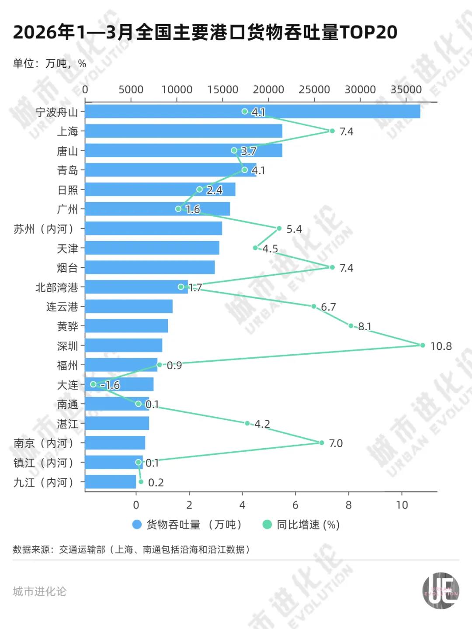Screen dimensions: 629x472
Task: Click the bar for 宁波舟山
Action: pyautogui.click(x=252, y=111)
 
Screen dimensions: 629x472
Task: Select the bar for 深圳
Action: pyautogui.click(x=124, y=345)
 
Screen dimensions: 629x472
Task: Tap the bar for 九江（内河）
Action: pyautogui.click(x=111, y=482)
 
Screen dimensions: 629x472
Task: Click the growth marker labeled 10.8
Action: pyautogui.click(x=422, y=345)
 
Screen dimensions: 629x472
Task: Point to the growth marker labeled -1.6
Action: pyautogui.click(x=93, y=384)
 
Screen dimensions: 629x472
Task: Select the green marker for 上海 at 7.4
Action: pyautogui.click(x=332, y=131)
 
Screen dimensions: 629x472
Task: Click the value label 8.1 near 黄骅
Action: pyautogui.click(x=364, y=326)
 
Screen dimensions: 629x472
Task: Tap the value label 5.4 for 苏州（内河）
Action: pyautogui.click(x=294, y=229)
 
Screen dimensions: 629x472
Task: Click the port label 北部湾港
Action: pyautogui.click(x=57, y=287)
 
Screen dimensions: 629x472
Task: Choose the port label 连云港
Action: pyautogui.click(x=62, y=307)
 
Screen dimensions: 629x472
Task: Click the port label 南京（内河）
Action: pyautogui.click(x=44, y=443)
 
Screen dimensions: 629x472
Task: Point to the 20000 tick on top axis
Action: pyautogui.click(x=268, y=90)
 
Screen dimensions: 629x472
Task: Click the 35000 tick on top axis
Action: pyautogui.click(x=406, y=90)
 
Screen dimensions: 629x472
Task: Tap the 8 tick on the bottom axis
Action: pyautogui.click(x=348, y=505)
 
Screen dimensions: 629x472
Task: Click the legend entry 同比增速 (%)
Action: pyautogui.click(x=302, y=525)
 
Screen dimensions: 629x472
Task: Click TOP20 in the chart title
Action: pyautogui.click(x=368, y=32)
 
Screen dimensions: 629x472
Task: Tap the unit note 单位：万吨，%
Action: pyautogui.click(x=49, y=64)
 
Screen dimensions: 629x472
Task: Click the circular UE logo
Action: pyautogui.click(x=441, y=591)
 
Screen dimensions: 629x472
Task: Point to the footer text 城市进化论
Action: pyautogui.click(x=40, y=591)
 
